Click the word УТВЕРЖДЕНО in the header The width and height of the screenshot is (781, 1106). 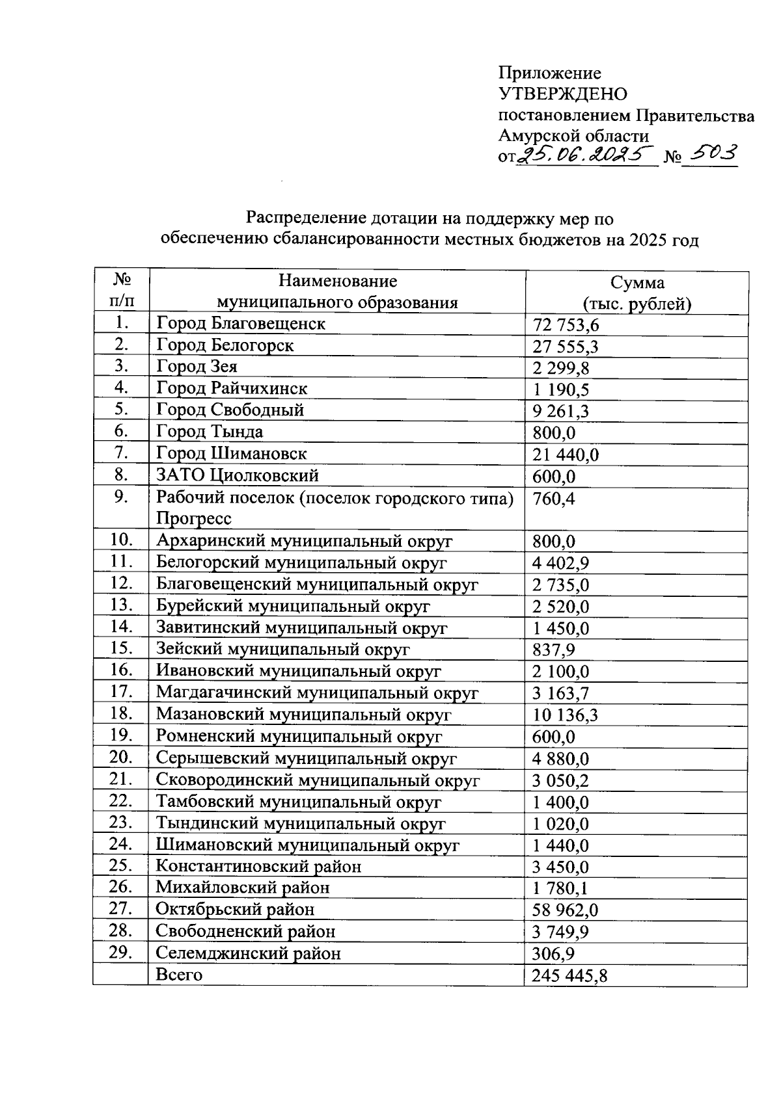[562, 94]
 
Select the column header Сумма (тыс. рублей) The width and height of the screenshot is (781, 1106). [637, 293]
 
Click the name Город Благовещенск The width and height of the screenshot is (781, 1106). [241, 323]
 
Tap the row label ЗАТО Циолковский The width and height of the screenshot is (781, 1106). [238, 475]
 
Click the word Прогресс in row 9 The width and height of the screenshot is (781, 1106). [193, 519]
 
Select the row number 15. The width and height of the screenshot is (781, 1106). [121, 648]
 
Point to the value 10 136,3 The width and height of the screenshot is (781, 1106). [565, 715]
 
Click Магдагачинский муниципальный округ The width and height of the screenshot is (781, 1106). [317, 693]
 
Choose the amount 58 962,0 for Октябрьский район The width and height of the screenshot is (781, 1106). [565, 910]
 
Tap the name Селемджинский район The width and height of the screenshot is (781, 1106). [248, 953]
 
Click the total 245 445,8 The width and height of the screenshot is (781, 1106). [569, 975]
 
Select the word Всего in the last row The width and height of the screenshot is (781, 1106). [179, 975]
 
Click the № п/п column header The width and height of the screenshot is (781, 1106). [122, 291]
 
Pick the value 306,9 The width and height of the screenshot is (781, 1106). [553, 954]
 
